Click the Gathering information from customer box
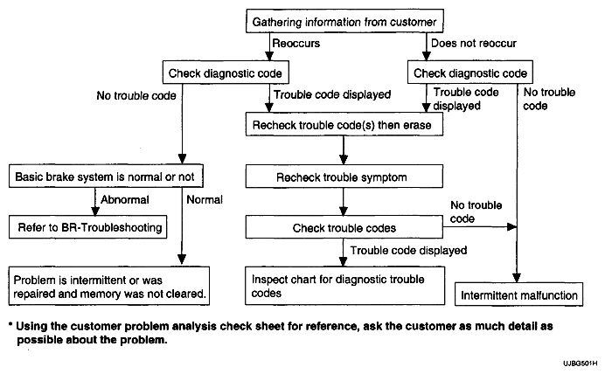coord(344,21)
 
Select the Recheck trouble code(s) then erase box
coord(344,124)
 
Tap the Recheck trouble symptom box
coord(344,177)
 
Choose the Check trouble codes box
coord(344,227)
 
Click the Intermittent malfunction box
coord(519,294)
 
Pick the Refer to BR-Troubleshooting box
coord(88,227)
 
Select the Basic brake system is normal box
coord(106,177)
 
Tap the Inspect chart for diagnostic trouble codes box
coord(345,286)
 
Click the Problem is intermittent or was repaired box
coord(109,286)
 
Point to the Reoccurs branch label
coord(296,43)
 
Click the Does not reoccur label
coord(474,43)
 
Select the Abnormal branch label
coord(125,200)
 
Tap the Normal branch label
coord(205,200)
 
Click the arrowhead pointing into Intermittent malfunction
coord(517,278)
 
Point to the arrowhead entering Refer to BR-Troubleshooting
coord(95,211)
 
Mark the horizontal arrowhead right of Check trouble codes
coord(511,226)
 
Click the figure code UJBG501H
coord(580,364)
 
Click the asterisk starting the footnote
coord(10,325)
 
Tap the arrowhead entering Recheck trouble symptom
coord(344,159)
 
